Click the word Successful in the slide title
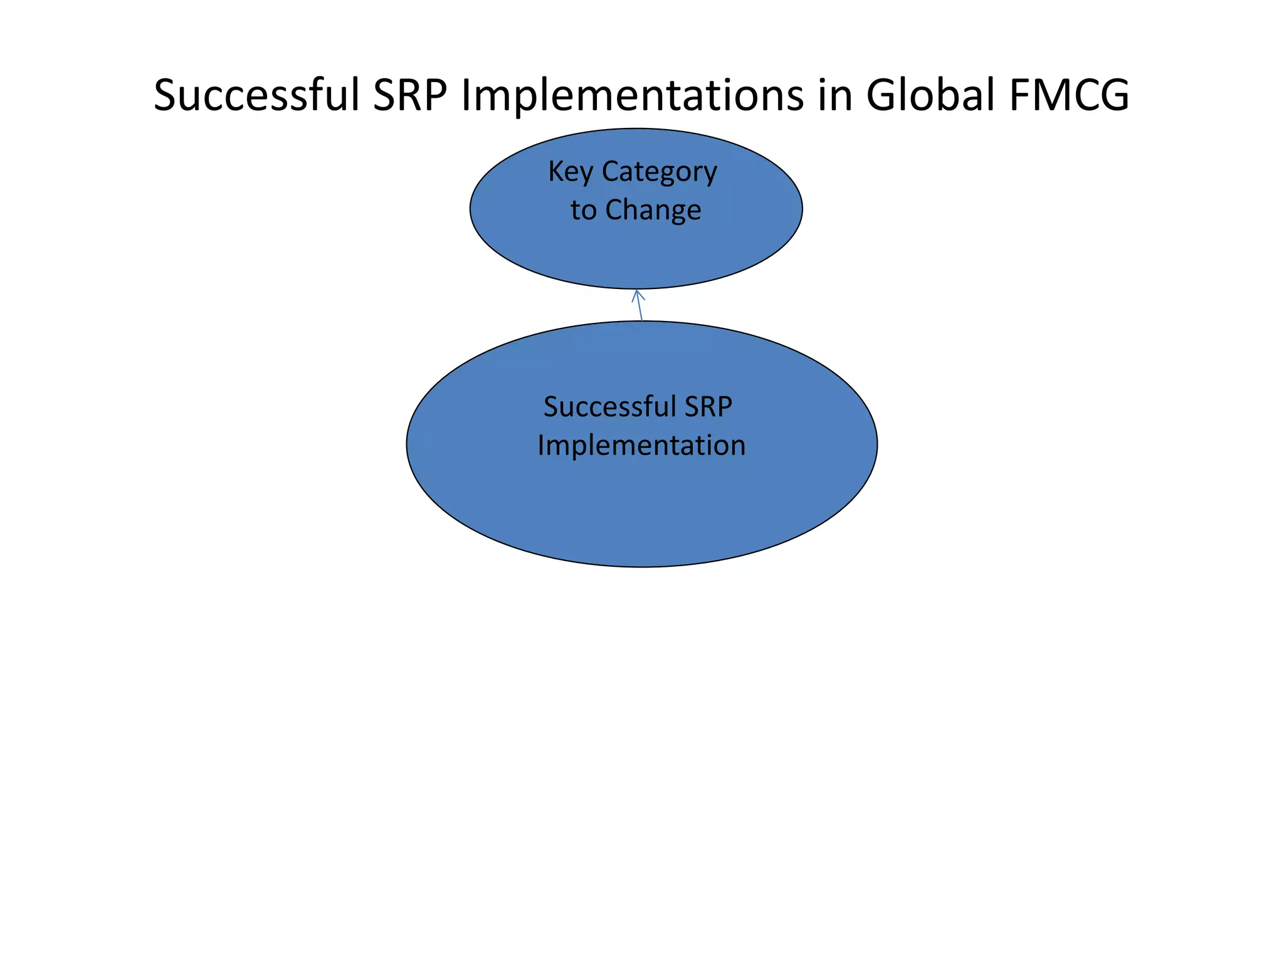[256, 95]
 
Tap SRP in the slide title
[410, 95]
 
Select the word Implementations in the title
[632, 95]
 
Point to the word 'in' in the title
[834, 95]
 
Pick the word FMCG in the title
[1069, 95]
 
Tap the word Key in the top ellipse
[570, 172]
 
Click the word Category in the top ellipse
[659, 172]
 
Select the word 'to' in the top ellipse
[583, 210]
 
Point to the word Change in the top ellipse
[653, 210]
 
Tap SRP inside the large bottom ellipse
[708, 407]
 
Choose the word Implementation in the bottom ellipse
[641, 446]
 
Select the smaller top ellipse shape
[636, 257]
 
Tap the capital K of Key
[555, 171]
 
